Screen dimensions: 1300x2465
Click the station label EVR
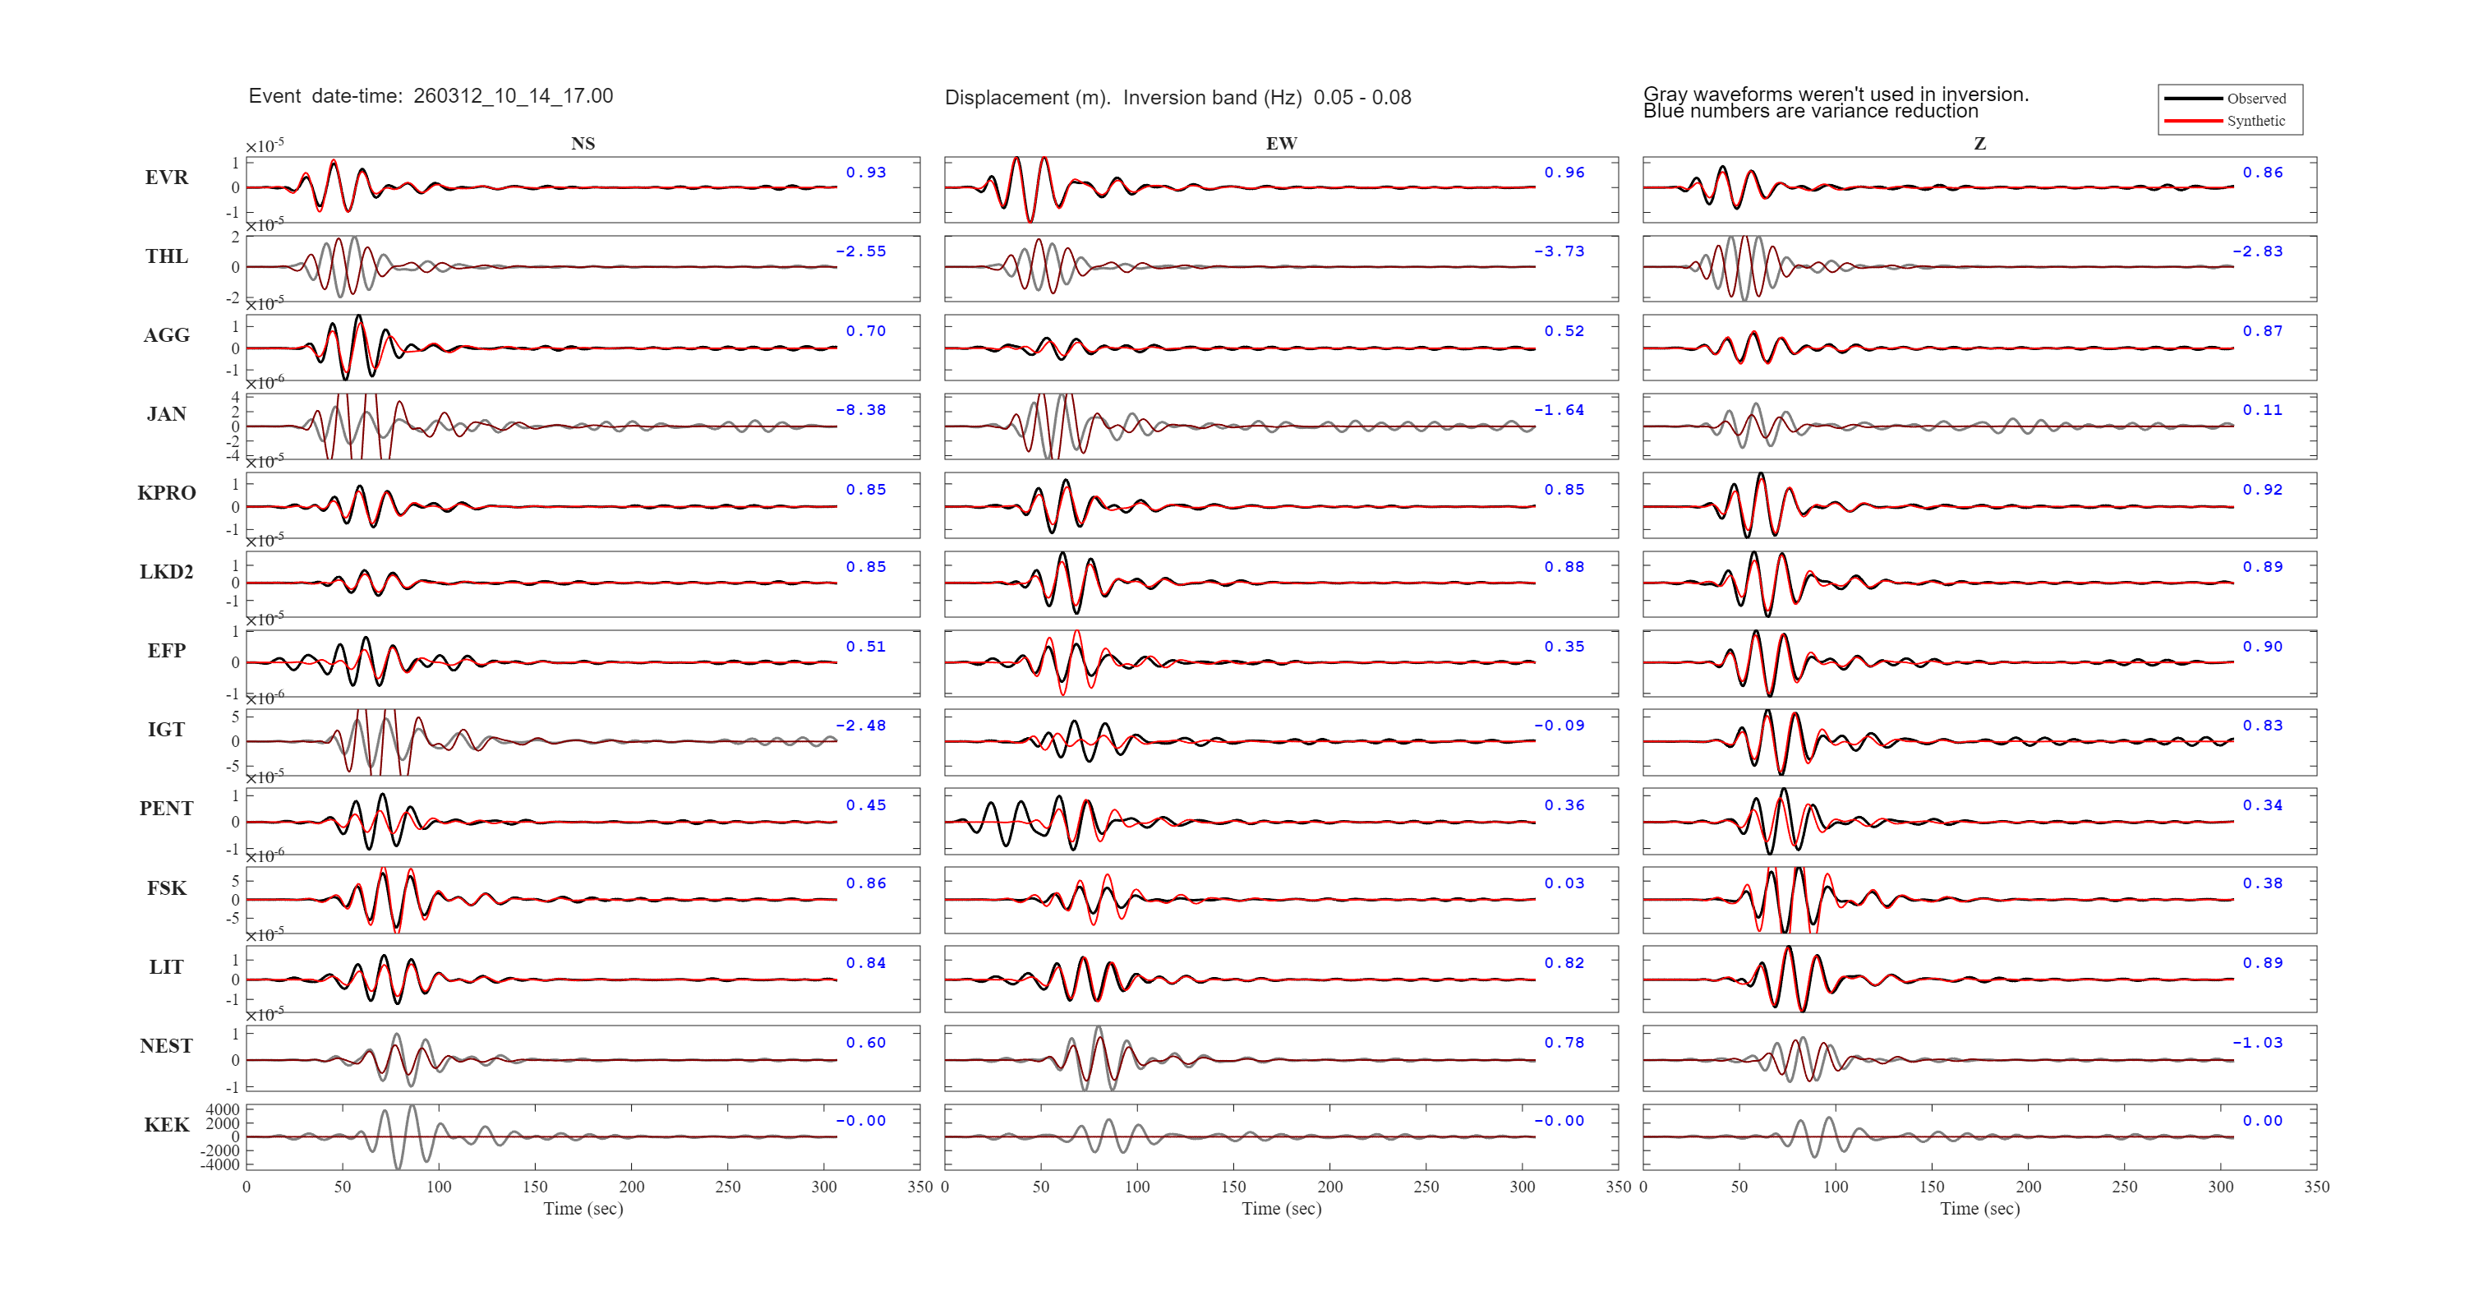click(x=167, y=177)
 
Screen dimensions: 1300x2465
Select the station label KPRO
click(x=167, y=493)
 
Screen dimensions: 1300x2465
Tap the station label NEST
click(x=167, y=1045)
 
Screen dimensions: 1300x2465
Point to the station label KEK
click(x=167, y=1125)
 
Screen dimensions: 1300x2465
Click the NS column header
click(x=583, y=144)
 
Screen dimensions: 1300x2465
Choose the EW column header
click(x=1281, y=144)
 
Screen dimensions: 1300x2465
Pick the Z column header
click(x=1980, y=144)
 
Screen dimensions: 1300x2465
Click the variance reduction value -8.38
click(x=860, y=410)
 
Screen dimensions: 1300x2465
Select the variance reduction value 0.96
click(x=1564, y=173)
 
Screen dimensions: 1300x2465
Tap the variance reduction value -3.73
click(x=1559, y=251)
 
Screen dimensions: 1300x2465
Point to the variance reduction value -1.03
click(x=2257, y=1043)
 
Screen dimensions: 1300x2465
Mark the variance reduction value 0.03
click(x=1564, y=883)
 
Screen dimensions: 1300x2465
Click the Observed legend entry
click(x=2255, y=99)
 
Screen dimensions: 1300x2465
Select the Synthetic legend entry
click(x=2255, y=121)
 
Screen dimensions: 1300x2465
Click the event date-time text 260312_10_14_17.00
click(x=513, y=95)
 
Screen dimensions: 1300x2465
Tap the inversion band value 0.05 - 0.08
click(x=1362, y=98)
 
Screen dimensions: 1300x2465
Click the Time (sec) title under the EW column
click(x=1281, y=1208)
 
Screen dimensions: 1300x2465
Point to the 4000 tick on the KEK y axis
click(x=222, y=1110)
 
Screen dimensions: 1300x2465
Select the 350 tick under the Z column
click(x=2316, y=1187)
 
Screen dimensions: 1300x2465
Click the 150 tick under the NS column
click(x=535, y=1187)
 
